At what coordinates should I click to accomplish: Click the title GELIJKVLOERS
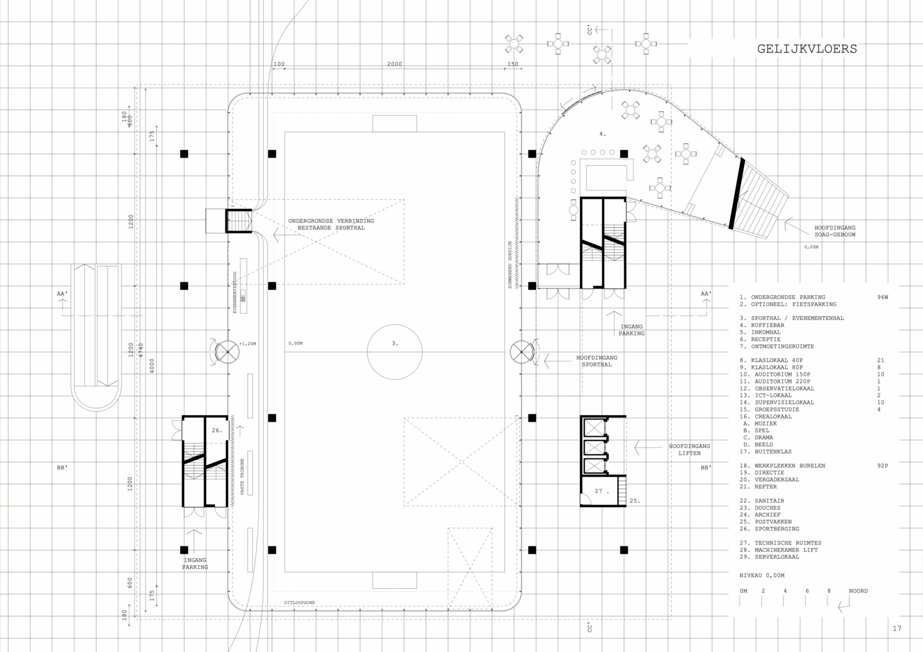(x=806, y=49)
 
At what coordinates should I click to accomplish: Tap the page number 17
(x=897, y=629)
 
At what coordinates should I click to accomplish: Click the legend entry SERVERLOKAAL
(x=775, y=557)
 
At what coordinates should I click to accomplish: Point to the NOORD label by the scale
(x=858, y=591)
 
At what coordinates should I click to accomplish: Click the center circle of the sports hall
(x=395, y=351)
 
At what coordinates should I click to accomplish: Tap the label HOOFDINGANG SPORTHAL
(x=596, y=361)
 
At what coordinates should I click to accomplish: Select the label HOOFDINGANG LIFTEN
(x=689, y=449)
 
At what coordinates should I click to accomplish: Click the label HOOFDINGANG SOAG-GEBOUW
(x=835, y=232)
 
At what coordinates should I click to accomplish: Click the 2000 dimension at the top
(x=394, y=64)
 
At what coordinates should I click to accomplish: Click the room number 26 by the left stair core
(x=217, y=431)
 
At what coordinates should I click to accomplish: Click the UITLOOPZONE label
(x=300, y=603)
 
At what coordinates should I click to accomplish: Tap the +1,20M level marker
(x=248, y=344)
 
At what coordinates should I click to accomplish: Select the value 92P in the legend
(x=882, y=466)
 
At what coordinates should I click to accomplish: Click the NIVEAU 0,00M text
(x=762, y=576)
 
